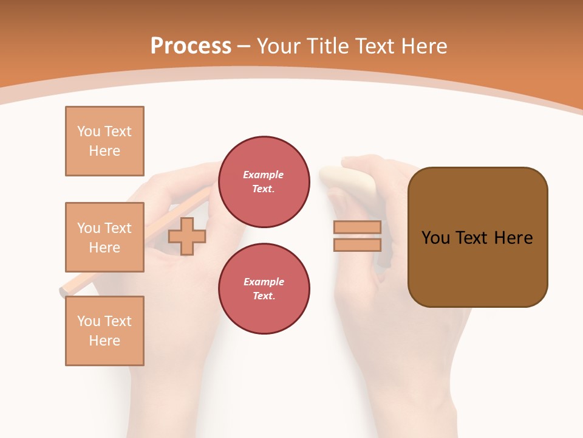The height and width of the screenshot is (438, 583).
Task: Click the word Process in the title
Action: pos(191,46)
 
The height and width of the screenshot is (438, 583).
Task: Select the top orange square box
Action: pos(104,141)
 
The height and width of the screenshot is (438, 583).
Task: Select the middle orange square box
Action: pos(104,237)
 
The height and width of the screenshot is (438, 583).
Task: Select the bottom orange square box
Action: pos(104,331)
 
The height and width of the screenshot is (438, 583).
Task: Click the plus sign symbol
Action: pos(187,236)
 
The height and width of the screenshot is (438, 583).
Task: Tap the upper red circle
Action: pos(264,182)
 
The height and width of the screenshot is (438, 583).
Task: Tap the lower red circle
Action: pos(264,289)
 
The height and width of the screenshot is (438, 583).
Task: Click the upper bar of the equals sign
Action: pos(357,228)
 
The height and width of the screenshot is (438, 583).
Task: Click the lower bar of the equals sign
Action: pos(357,245)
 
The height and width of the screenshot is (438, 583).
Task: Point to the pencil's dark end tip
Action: pos(63,291)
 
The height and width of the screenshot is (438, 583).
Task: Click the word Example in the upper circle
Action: pos(263,175)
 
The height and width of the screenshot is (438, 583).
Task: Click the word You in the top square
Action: pos(89,131)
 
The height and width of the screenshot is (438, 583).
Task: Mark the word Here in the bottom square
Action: pos(104,341)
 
